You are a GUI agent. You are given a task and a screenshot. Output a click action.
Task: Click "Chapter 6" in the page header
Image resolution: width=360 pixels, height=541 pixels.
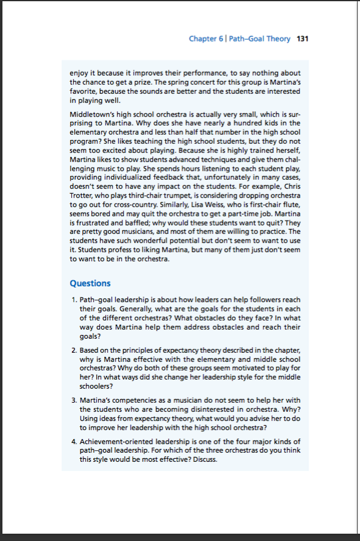(205, 39)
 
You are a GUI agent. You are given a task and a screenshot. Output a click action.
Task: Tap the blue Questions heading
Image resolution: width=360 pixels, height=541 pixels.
(90, 283)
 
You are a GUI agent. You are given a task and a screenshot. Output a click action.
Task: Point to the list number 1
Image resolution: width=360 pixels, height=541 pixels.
(73, 301)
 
